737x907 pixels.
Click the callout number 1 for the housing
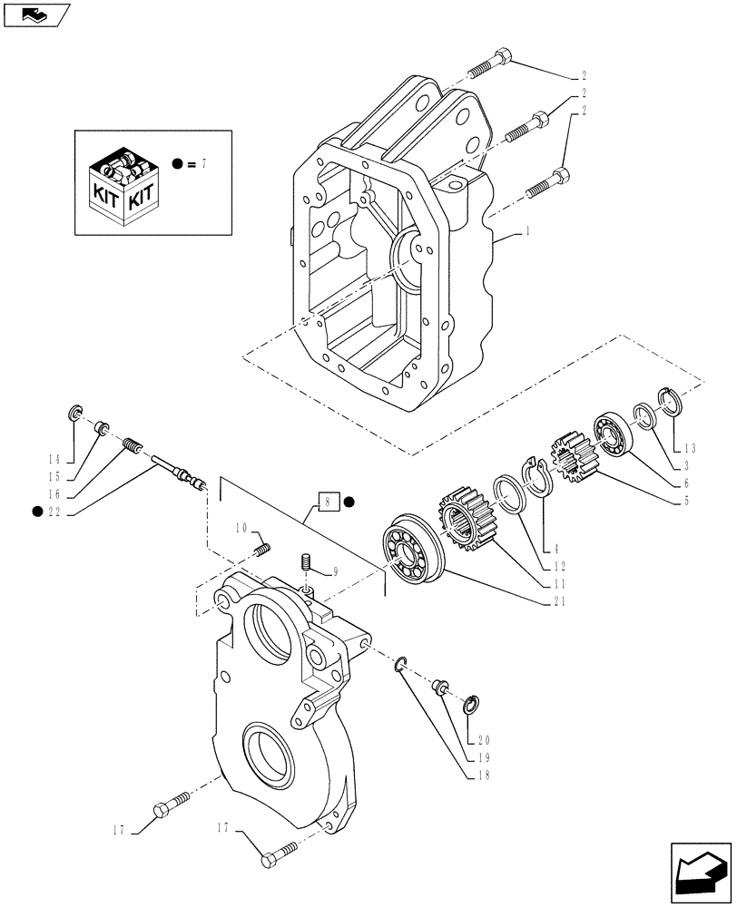526,233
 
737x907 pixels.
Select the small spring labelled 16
133,446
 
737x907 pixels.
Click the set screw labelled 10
264,549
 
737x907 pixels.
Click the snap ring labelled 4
539,478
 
